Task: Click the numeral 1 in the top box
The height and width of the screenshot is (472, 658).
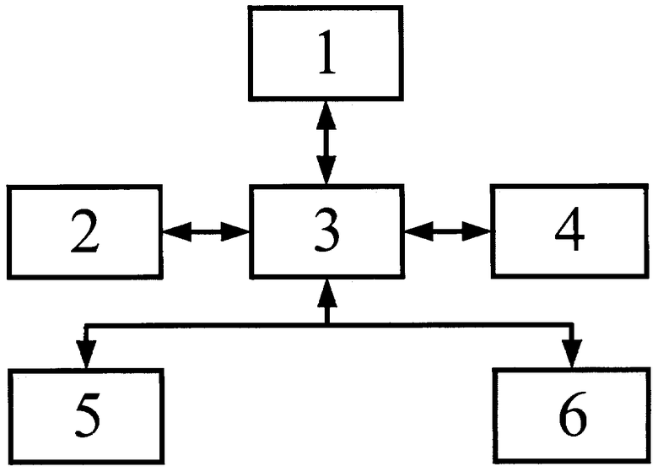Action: [327, 52]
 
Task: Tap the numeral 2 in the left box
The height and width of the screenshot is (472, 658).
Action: [84, 231]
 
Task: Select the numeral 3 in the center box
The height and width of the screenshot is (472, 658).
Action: [326, 231]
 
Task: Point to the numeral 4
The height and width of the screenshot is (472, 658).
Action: [569, 229]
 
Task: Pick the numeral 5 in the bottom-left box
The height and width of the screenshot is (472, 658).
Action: [88, 415]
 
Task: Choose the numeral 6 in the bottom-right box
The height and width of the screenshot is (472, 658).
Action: [573, 414]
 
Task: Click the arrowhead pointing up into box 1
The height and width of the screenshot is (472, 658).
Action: [326, 116]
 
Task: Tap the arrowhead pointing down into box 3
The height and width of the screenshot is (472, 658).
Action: [326, 170]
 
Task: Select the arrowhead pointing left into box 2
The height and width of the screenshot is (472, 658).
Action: [176, 231]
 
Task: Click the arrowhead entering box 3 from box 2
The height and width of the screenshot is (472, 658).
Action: [235, 231]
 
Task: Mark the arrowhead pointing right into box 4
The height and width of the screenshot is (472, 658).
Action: [477, 231]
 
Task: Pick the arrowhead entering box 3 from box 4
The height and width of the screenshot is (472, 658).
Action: [418, 231]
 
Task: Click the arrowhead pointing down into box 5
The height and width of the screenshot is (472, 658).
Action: [86, 354]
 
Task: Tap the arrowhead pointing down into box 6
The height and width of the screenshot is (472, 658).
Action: [572, 354]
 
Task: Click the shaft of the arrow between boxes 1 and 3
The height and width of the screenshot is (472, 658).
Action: [326, 143]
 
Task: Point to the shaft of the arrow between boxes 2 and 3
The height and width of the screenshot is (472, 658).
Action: [206, 231]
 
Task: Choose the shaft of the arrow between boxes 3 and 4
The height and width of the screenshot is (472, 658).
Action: [448, 231]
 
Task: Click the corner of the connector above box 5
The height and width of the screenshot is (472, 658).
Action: [86, 325]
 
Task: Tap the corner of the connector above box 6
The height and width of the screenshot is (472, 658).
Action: [572, 324]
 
